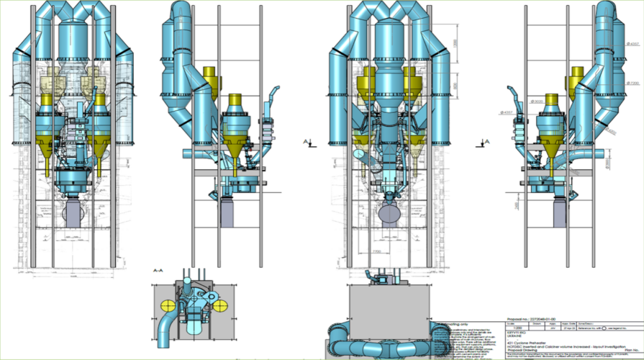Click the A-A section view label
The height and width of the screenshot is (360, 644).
pos(157,271)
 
